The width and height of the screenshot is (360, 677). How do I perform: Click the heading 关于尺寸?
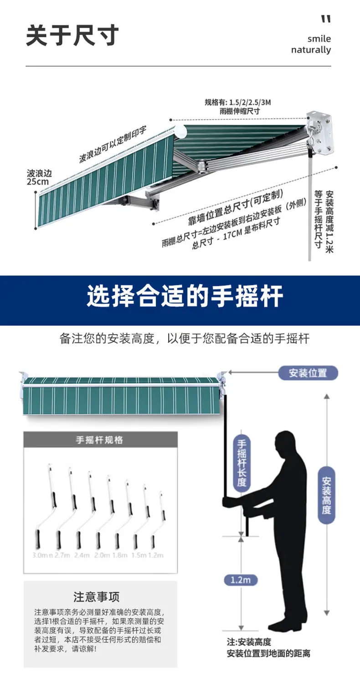72,36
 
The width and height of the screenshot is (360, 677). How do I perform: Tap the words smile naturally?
311,44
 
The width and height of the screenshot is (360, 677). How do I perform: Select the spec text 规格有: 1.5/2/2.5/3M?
237,102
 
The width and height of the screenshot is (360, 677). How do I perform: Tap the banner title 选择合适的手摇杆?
185,296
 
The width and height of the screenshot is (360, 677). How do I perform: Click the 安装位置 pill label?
308,373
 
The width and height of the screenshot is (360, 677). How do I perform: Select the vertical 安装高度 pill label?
326,495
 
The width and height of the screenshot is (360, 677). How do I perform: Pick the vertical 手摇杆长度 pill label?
242,463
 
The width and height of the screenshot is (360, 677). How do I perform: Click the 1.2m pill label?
241,580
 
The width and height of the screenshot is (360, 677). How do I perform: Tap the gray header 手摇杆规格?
99,440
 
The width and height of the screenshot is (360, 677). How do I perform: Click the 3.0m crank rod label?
41,555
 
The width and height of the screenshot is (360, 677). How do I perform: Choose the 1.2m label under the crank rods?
155,555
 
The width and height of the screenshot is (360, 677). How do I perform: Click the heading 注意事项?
97,597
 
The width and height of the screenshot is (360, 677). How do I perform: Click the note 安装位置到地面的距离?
268,653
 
